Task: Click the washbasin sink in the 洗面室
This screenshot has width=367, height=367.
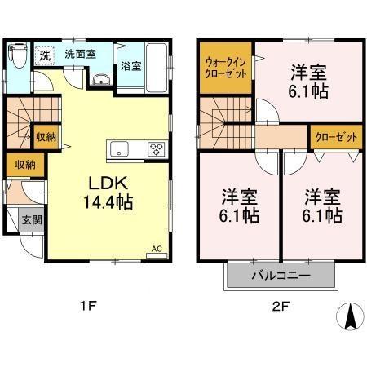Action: click(103, 79)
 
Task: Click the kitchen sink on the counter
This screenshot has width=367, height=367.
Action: click(119, 149)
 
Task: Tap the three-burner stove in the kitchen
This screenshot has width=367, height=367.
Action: click(155, 148)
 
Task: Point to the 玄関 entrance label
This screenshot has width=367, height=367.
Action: click(31, 220)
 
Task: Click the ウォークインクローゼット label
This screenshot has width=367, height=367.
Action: click(226, 64)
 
